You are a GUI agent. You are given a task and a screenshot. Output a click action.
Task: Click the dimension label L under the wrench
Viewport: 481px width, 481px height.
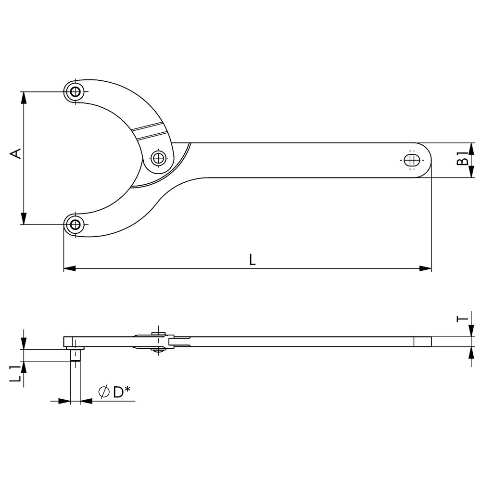[x=252, y=260]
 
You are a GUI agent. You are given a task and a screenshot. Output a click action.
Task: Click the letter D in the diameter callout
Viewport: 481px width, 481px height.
[x=118, y=392]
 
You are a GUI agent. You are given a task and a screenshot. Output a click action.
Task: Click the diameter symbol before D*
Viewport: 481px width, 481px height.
[x=104, y=392]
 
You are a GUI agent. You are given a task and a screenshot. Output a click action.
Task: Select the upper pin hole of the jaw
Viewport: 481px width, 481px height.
[x=75, y=91]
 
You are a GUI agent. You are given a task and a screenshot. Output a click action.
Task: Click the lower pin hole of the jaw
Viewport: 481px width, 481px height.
[x=75, y=225]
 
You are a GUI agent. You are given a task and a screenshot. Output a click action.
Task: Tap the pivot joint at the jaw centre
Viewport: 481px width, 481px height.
[x=158, y=158]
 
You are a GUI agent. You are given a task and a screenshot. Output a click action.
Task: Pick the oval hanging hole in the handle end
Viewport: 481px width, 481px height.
[x=412, y=160]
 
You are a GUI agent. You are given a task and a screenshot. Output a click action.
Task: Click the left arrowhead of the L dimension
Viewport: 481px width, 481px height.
[x=69, y=268]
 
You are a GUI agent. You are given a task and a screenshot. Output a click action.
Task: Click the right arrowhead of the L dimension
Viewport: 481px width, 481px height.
[x=426, y=268]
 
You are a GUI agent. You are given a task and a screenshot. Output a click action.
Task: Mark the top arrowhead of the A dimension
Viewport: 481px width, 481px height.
[x=24, y=97]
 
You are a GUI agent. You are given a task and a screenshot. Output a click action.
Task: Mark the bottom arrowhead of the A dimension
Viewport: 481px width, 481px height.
[x=24, y=219]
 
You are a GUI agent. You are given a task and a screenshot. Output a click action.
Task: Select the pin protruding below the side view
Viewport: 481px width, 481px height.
[x=75, y=355]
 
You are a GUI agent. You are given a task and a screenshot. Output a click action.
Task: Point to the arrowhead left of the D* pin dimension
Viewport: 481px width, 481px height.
[x=64, y=401]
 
